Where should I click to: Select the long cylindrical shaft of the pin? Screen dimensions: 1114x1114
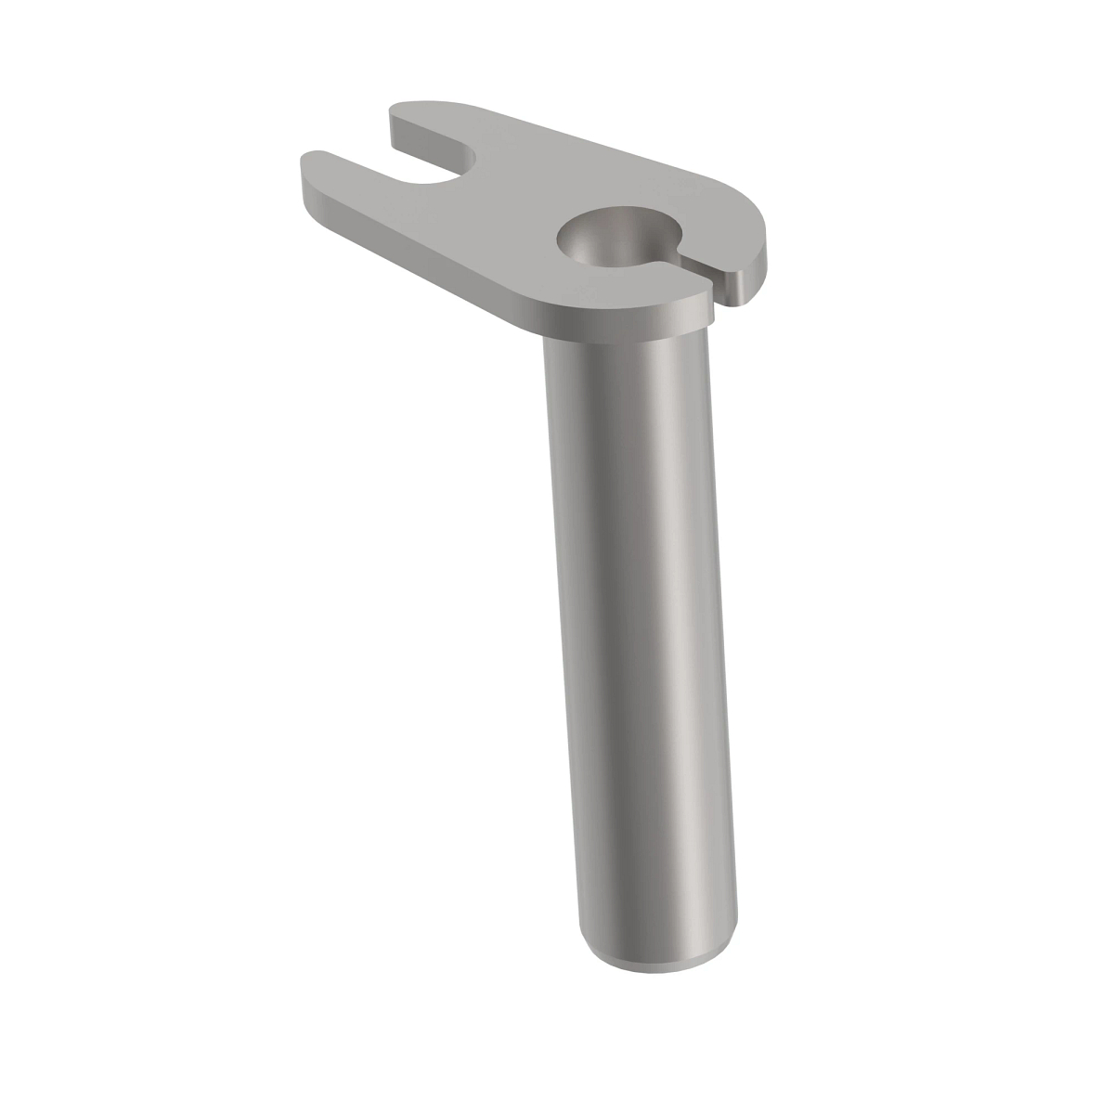pyautogui.click(x=641, y=650)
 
